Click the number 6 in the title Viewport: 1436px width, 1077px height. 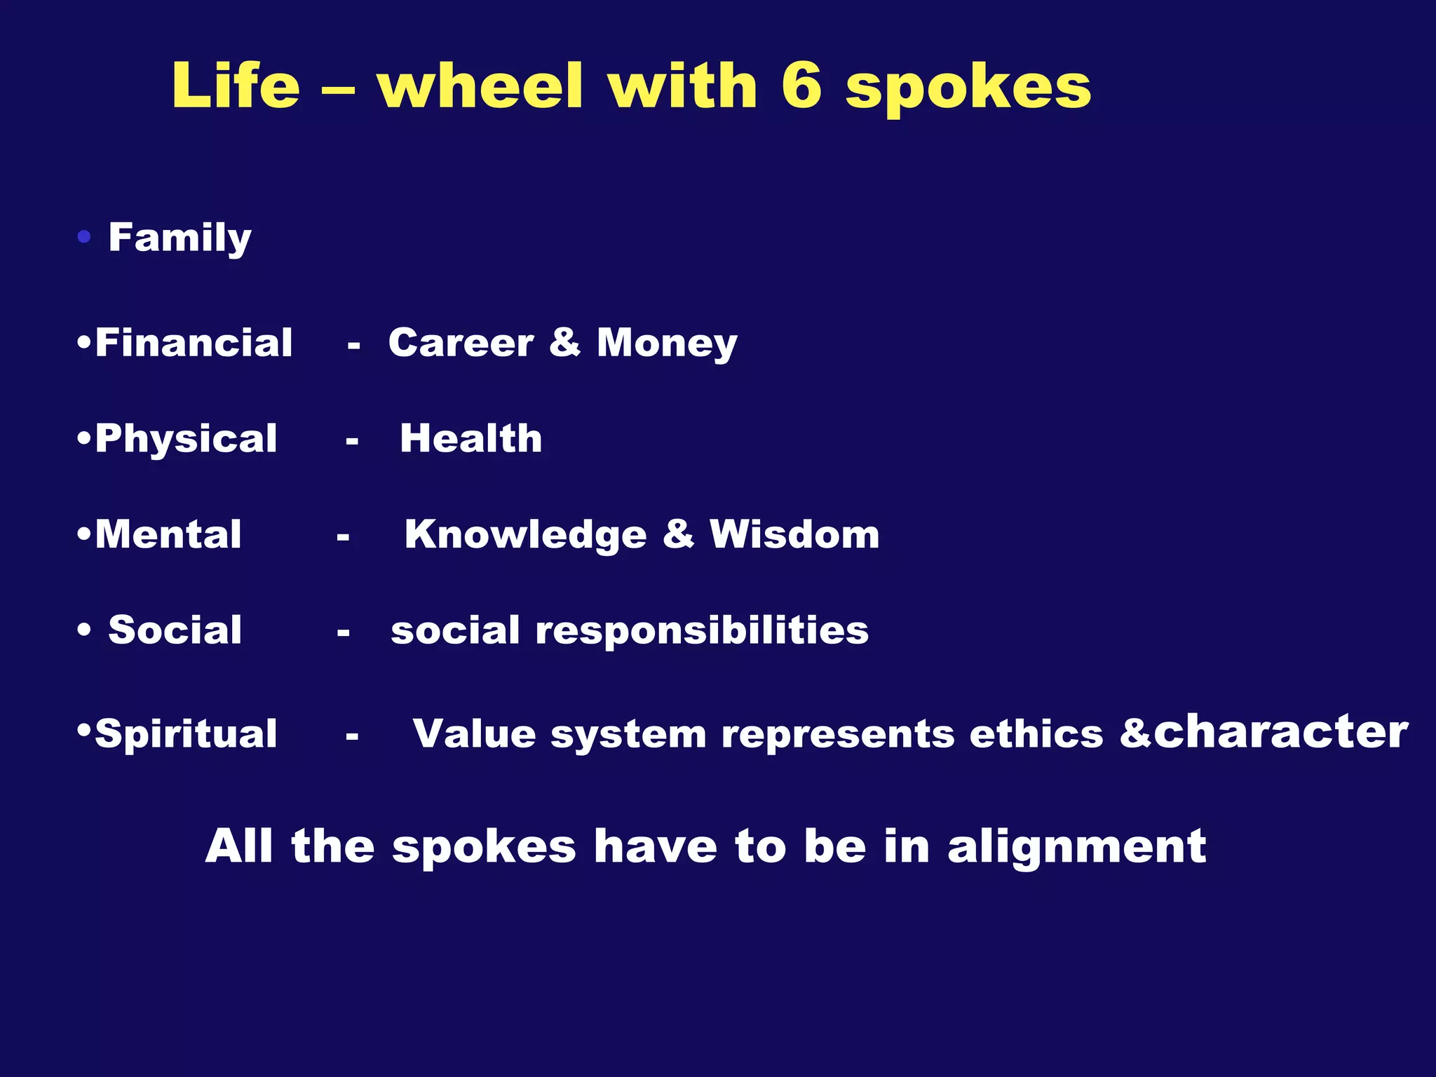click(x=801, y=86)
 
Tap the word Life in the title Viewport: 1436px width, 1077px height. click(x=236, y=86)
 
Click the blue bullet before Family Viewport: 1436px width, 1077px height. click(x=84, y=238)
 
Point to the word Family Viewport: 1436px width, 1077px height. click(x=179, y=238)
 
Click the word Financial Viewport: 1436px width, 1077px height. click(x=194, y=343)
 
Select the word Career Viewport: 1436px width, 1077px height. click(x=461, y=343)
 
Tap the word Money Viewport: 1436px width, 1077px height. click(x=667, y=344)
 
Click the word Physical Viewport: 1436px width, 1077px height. click(x=186, y=440)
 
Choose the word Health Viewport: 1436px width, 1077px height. click(x=470, y=438)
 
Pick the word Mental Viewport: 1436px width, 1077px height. click(x=168, y=534)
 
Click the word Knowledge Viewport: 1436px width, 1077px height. click(x=525, y=536)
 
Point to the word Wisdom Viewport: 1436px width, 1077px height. click(x=794, y=534)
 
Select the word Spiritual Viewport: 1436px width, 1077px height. click(x=186, y=735)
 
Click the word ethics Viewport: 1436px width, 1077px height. click(x=1036, y=734)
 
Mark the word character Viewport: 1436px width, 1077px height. click(x=1280, y=732)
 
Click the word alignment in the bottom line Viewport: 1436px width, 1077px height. click(x=1076, y=847)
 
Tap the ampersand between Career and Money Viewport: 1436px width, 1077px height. click(x=565, y=343)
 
